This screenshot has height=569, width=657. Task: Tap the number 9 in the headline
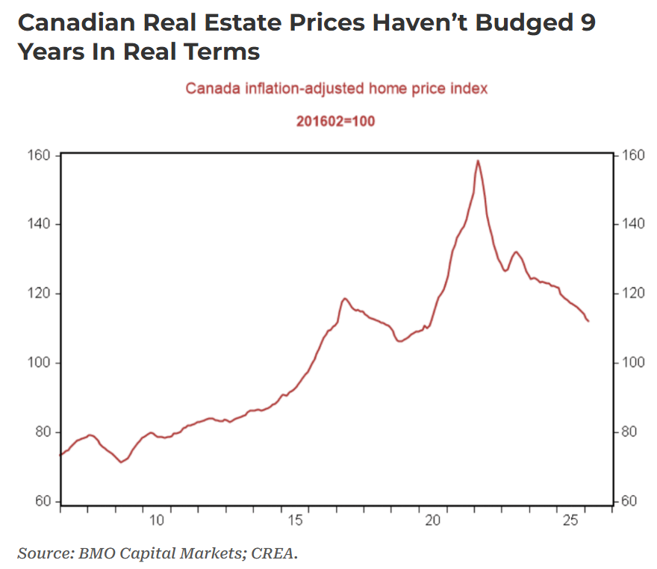pos(588,22)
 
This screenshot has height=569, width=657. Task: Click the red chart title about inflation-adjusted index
pos(336,88)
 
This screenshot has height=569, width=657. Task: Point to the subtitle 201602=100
pos(336,121)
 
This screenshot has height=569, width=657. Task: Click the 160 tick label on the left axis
pos(40,155)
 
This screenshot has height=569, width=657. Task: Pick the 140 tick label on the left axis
pos(40,225)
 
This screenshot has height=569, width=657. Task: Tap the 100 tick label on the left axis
pos(40,363)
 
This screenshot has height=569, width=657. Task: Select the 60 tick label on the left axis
pos(43,502)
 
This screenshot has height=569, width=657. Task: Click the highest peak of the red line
pos(477,161)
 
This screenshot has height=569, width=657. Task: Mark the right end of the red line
pos(588,321)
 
